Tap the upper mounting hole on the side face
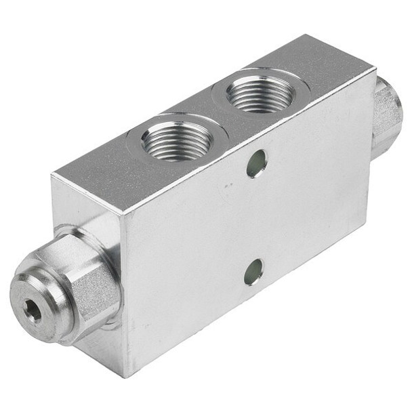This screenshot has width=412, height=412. pyautogui.click(x=256, y=163)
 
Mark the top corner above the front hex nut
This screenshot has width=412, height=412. pyautogui.click(x=52, y=177)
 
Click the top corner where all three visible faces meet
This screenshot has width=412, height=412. pyautogui.click(x=121, y=215)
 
